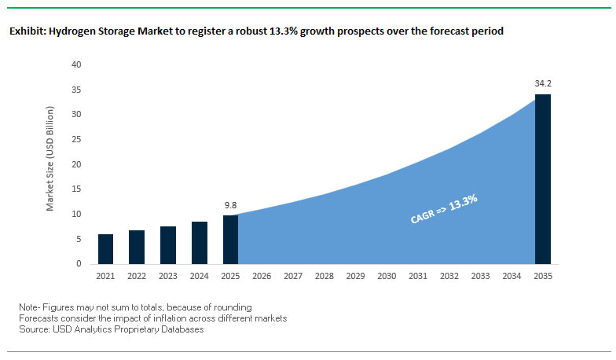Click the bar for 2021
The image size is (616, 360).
coord(106,249)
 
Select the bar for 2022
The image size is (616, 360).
coord(137,248)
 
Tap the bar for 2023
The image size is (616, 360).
coord(168,245)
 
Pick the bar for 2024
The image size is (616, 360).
coord(200,243)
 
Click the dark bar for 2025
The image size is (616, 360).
coord(230,240)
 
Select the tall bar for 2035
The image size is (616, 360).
coord(543,179)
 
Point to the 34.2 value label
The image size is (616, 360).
coord(543,83)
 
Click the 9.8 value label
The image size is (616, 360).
coord(230,205)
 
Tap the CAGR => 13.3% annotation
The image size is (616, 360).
coord(444,210)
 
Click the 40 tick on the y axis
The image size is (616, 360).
coord(76,64)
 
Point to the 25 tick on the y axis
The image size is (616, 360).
coord(76,139)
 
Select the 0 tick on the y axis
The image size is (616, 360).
coord(79,264)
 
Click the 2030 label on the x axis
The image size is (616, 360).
coord(387,276)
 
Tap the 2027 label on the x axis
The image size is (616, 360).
coord(293,276)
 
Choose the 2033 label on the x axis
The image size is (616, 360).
coord(480,276)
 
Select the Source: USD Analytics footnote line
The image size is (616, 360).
coord(112,329)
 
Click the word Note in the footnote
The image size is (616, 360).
coord(29,306)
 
